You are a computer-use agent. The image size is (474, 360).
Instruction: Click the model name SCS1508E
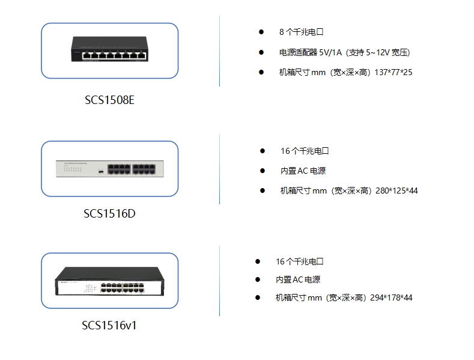click(x=109, y=100)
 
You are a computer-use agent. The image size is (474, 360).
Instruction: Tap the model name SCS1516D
click(x=109, y=213)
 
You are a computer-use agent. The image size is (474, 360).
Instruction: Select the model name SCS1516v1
click(x=109, y=326)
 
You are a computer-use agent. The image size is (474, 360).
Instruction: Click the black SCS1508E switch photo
click(x=109, y=49)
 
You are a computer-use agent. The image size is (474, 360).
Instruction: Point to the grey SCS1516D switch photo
click(x=110, y=168)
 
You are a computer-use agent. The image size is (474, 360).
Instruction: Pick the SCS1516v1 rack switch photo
click(x=109, y=281)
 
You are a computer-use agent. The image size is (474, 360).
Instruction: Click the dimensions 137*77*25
click(x=393, y=72)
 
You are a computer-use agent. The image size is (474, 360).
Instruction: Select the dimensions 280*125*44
click(x=397, y=191)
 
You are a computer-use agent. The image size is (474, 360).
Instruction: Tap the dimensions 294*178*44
click(x=391, y=297)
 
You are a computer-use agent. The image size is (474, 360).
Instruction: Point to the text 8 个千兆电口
click(x=302, y=32)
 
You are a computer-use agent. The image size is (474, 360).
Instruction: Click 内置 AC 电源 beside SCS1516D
click(x=303, y=171)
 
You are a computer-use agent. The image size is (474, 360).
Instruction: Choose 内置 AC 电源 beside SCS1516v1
click(x=298, y=279)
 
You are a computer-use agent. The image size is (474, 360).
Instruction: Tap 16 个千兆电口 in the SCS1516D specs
click(x=305, y=151)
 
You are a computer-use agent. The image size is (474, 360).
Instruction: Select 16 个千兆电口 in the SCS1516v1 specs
click(x=300, y=261)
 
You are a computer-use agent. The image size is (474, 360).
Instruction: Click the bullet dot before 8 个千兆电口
click(x=261, y=32)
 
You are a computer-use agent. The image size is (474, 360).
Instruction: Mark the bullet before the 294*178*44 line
click(x=258, y=297)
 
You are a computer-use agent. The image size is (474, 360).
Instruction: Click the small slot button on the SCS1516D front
click(x=101, y=172)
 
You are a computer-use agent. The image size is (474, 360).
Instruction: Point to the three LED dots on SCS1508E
click(x=77, y=52)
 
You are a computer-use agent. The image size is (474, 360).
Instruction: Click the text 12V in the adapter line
click(x=383, y=53)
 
